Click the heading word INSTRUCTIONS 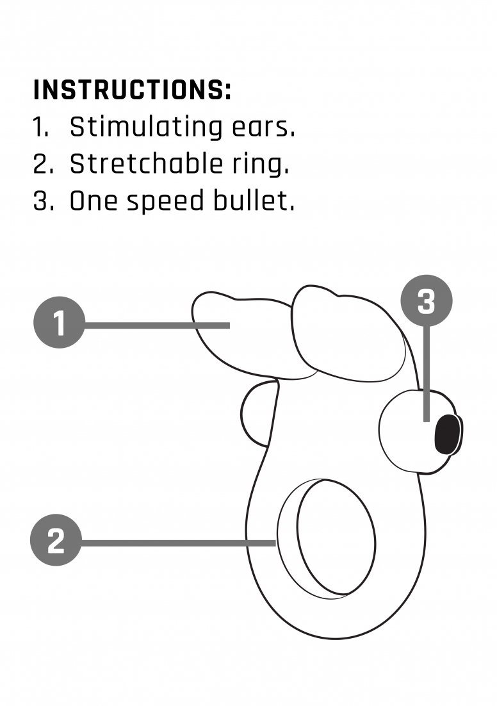pos(133,90)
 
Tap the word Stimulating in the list pos(145,128)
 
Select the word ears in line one pos(263,128)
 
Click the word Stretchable pos(146,163)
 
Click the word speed pos(165,202)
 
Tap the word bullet pos(254,200)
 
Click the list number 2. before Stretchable pos(43,164)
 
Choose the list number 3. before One pos(44,201)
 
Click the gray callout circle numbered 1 pos(60,322)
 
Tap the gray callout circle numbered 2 pos(56,540)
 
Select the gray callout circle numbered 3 pos(427,300)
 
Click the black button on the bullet pos(447,434)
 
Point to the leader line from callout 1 pos(157,325)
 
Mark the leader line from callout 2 pos(179,543)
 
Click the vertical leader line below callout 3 pos(427,374)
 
